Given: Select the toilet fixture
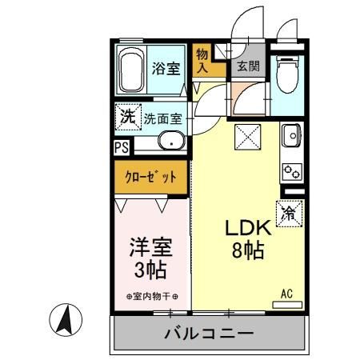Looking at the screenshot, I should pyautogui.click(x=286, y=75).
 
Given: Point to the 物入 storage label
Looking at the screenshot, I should pyautogui.click(x=203, y=61).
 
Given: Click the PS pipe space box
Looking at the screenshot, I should pyautogui.click(x=121, y=147).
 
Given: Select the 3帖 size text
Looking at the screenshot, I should pyautogui.click(x=150, y=269).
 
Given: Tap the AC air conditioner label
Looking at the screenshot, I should pyautogui.click(x=286, y=294).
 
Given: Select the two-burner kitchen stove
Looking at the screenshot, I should pyautogui.click(x=290, y=171).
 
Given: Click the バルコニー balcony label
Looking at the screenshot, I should pyautogui.click(x=210, y=332).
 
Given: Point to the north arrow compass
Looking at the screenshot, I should pyautogui.click(x=67, y=322).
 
